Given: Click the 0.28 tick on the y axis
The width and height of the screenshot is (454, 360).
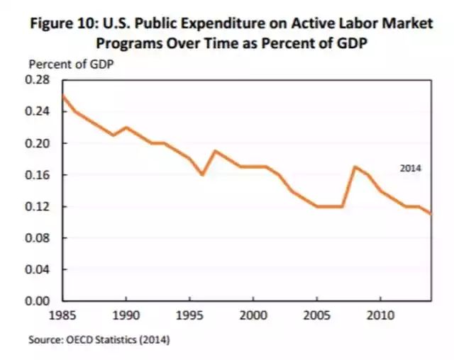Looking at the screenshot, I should [39, 79].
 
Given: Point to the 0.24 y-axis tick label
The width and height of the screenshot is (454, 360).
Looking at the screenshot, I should [39, 111].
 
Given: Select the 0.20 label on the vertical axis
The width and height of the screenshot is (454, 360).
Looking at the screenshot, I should [39, 143].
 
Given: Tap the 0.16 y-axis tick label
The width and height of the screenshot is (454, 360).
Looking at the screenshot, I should [39, 175].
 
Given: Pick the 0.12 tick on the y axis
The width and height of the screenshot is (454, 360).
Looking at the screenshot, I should [39, 206].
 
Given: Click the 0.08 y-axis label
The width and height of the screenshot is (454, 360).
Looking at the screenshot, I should [39, 238].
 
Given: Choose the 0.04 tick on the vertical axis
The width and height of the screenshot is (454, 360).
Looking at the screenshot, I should [39, 269].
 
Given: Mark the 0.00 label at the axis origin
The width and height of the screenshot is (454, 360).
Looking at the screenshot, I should [39, 301].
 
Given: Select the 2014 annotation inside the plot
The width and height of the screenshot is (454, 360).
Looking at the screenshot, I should [411, 169].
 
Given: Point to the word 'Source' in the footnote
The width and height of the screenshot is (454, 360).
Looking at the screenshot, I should [44, 339].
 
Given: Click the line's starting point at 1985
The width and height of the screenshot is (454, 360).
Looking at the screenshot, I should [62, 96].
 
